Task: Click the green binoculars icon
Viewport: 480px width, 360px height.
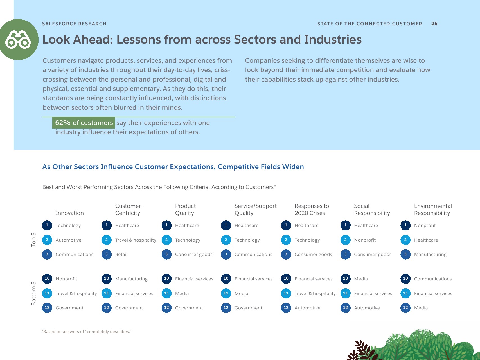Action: (x=19, y=40)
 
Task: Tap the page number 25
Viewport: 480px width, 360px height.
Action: (x=434, y=24)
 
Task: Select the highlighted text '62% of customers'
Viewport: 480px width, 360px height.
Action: (x=84, y=123)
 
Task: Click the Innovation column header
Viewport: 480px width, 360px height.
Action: (x=70, y=213)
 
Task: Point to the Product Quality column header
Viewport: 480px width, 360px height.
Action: (x=185, y=210)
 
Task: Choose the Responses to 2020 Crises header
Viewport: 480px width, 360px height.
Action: (x=312, y=210)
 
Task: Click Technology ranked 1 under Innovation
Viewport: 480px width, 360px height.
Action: (x=68, y=226)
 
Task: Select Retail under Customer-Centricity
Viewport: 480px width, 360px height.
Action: (x=121, y=255)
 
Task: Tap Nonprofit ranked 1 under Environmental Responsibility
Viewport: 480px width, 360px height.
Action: (x=425, y=226)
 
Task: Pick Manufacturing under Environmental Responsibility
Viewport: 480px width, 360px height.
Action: (x=430, y=255)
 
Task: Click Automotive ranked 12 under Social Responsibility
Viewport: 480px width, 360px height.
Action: (x=367, y=308)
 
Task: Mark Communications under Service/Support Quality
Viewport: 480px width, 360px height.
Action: (x=253, y=255)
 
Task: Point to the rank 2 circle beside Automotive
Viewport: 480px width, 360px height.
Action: (x=47, y=240)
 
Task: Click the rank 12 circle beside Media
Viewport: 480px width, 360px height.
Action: (x=405, y=308)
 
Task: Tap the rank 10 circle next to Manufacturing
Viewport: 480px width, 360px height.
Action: (x=107, y=279)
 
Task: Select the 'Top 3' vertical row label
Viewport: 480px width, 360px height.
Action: (x=33, y=239)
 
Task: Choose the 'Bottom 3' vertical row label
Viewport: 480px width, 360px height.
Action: (x=33, y=293)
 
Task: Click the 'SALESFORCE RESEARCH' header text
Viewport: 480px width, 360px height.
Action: (x=74, y=24)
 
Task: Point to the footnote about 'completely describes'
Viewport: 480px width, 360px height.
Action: (x=86, y=332)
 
